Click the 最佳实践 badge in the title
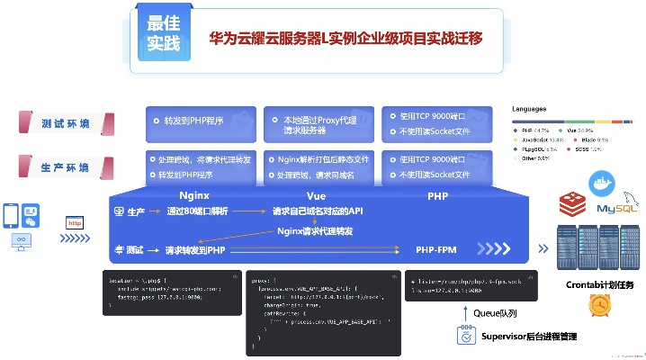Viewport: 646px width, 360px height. [164, 33]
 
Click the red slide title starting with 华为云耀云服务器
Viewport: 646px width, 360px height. [345, 39]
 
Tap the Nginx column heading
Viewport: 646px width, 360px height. [194, 194]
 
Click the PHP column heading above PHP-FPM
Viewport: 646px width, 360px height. [437, 194]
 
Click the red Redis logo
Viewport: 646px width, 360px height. [570, 204]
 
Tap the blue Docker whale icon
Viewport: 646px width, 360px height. [599, 184]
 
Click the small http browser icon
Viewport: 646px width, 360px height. [75, 222]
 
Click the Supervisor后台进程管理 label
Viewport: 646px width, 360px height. [529, 337]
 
